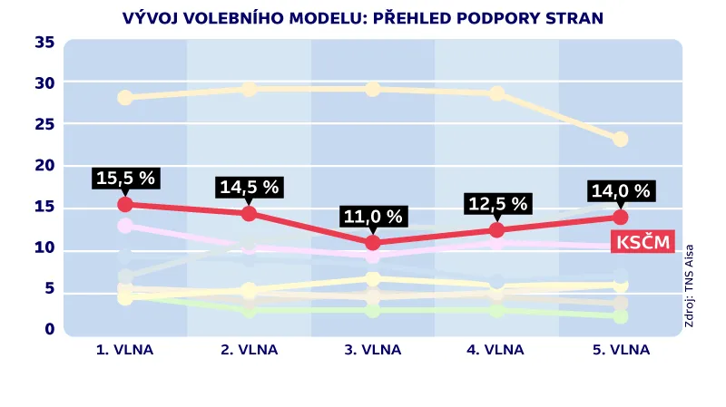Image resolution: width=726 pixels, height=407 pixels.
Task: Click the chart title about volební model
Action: [x=362, y=17]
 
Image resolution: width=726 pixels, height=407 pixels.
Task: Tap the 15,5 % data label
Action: [x=125, y=178]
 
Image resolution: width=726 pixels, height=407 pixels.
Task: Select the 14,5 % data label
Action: [x=250, y=187]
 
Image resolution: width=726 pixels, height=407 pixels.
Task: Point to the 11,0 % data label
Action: [x=373, y=216]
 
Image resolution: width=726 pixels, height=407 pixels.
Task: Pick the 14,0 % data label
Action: [x=620, y=191]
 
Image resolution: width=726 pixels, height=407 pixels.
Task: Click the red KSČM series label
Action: [x=643, y=242]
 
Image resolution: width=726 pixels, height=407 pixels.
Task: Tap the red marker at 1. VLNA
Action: [x=125, y=205]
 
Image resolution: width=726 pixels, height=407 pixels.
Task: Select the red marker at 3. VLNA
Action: [x=373, y=243]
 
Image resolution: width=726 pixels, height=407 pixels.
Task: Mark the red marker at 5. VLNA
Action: [x=620, y=218]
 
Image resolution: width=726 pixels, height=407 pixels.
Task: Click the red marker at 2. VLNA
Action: [x=250, y=214]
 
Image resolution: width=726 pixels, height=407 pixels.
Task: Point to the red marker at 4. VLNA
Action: [x=496, y=230]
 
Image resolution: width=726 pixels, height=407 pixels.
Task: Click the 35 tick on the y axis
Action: [x=44, y=42]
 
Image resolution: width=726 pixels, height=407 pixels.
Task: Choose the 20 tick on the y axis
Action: [x=44, y=165]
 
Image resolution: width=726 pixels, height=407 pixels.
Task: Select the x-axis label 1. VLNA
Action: [x=125, y=350]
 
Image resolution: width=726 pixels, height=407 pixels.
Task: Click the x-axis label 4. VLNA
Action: [x=496, y=350]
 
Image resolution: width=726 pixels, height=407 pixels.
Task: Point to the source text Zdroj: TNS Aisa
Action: [x=689, y=286]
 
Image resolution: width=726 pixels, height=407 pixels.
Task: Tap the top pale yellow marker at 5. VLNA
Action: [x=620, y=140]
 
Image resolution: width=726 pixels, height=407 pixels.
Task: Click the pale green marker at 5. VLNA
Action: [x=620, y=316]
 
